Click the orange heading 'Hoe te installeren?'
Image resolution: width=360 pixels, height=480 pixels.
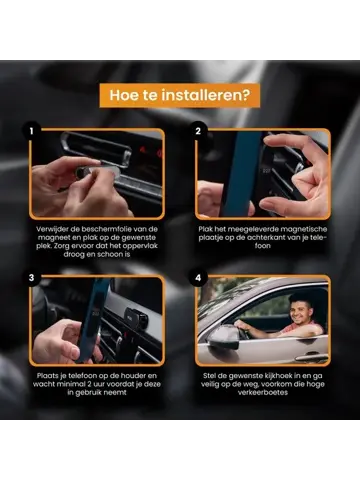180,96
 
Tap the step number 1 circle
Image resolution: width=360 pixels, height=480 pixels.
34,131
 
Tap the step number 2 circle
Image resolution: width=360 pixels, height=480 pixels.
198,131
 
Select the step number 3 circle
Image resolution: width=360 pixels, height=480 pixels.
34,278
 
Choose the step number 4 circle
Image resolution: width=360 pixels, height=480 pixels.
198,278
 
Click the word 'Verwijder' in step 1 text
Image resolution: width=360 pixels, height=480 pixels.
56,228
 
